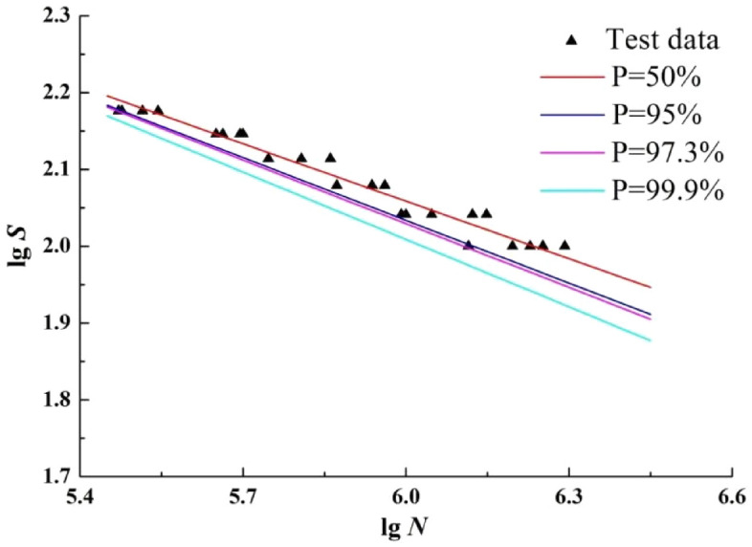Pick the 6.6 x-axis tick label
732,498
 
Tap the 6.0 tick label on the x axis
407,498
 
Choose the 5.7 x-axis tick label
244,498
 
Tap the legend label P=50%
652,77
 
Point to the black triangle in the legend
572,40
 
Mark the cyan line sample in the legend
572,191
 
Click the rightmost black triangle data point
564,245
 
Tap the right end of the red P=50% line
651,287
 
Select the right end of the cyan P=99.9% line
651,340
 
